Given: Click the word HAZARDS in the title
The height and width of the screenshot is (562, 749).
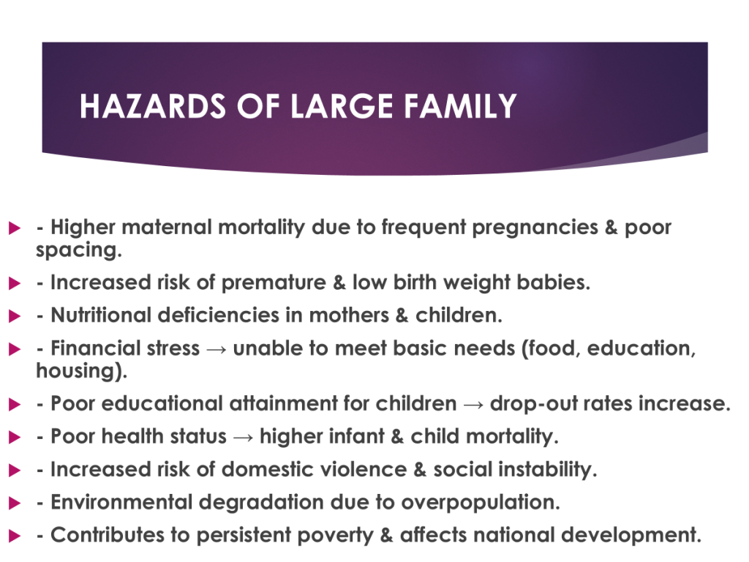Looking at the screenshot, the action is tap(152, 105).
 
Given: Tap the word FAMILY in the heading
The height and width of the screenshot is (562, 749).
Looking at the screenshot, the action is tap(461, 105).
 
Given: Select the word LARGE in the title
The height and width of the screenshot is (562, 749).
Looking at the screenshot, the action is tap(342, 105).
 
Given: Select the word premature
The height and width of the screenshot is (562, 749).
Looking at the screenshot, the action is tap(274, 283).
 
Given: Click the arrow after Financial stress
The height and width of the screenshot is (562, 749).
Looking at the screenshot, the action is tap(217, 349).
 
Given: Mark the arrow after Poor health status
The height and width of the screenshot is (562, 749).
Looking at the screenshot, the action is tap(243, 438).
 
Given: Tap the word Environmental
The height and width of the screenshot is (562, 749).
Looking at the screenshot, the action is tap(121, 502).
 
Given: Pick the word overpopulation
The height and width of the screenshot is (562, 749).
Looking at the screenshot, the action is tap(480, 503).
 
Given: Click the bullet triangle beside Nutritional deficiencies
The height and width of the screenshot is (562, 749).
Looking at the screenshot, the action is tap(15, 316).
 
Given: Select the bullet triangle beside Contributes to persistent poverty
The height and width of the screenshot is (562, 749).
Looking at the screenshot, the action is tap(15, 536).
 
